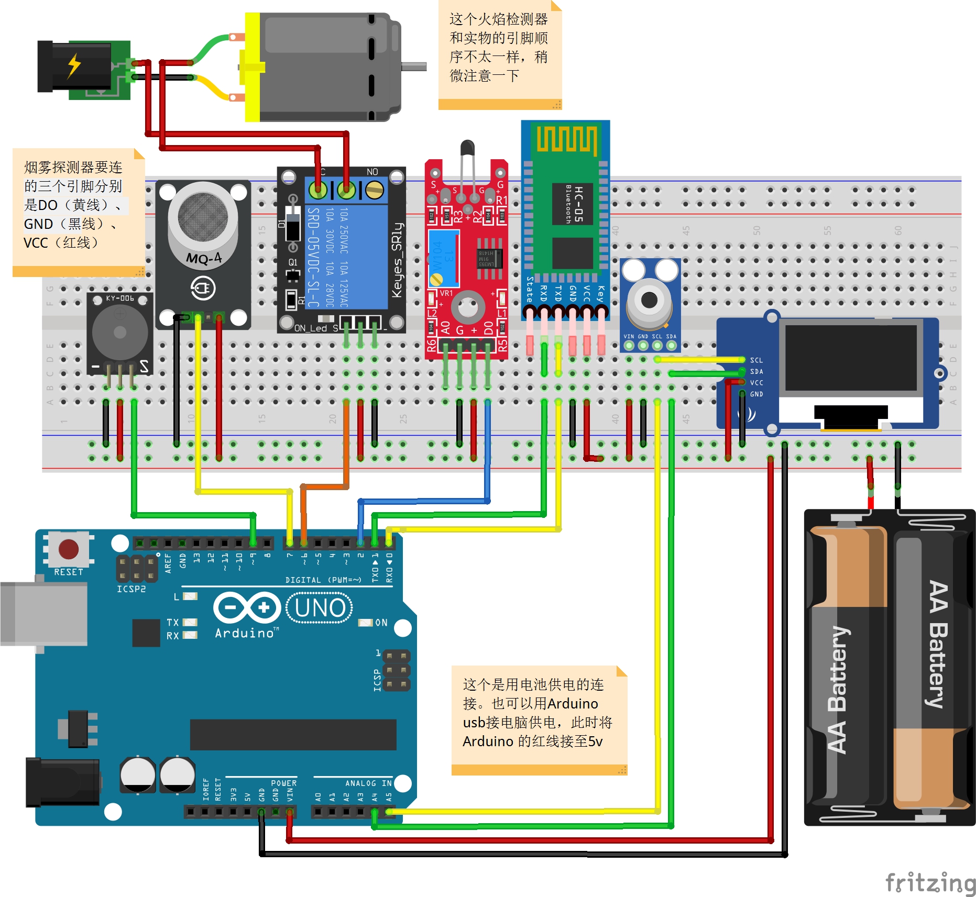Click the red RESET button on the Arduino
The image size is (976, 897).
(69, 549)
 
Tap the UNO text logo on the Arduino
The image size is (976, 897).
(320, 608)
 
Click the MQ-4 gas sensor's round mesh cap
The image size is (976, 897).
(202, 216)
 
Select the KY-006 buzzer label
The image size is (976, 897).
(119, 298)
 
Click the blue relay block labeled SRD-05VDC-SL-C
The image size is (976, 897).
(346, 257)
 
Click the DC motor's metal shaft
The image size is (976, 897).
(414, 67)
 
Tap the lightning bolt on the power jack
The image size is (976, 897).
(74, 65)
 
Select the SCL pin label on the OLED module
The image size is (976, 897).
(756, 360)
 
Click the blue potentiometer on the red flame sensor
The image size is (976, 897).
(443, 257)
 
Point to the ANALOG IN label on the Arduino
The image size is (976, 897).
(368, 783)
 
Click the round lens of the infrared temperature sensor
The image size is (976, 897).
(649, 300)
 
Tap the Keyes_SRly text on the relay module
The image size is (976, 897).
(397, 260)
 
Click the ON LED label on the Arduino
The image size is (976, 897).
(381, 623)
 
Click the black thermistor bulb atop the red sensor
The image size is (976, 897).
(467, 148)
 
